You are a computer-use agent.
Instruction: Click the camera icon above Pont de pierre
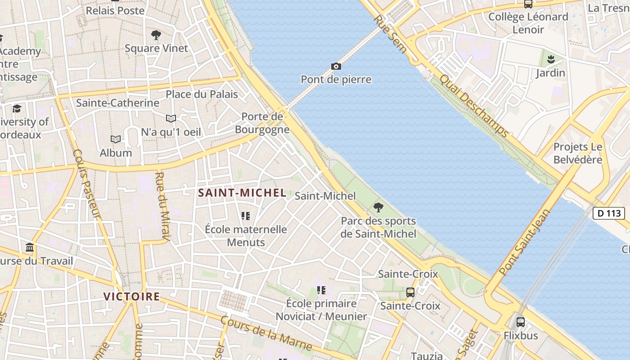click(336, 67)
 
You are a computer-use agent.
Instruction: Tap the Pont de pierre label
click(336, 80)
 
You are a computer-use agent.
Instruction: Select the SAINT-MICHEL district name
click(242, 193)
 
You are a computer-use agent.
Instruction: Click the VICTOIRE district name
click(131, 297)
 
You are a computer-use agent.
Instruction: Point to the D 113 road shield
click(608, 213)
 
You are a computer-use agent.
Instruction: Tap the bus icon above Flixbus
click(521, 322)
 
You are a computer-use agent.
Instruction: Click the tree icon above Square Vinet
click(156, 35)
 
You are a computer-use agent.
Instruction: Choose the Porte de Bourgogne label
click(262, 123)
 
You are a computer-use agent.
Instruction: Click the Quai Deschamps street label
click(474, 105)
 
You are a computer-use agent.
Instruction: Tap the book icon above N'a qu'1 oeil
click(171, 119)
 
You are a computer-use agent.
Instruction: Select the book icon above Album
click(116, 139)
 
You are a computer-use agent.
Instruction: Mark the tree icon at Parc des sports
click(378, 207)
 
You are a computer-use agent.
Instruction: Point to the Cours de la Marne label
click(266, 333)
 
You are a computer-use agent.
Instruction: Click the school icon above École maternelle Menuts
click(246, 216)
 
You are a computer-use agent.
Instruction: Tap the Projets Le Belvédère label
click(578, 153)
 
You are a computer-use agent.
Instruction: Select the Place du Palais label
click(202, 94)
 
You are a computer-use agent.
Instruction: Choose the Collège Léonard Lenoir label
click(528, 23)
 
